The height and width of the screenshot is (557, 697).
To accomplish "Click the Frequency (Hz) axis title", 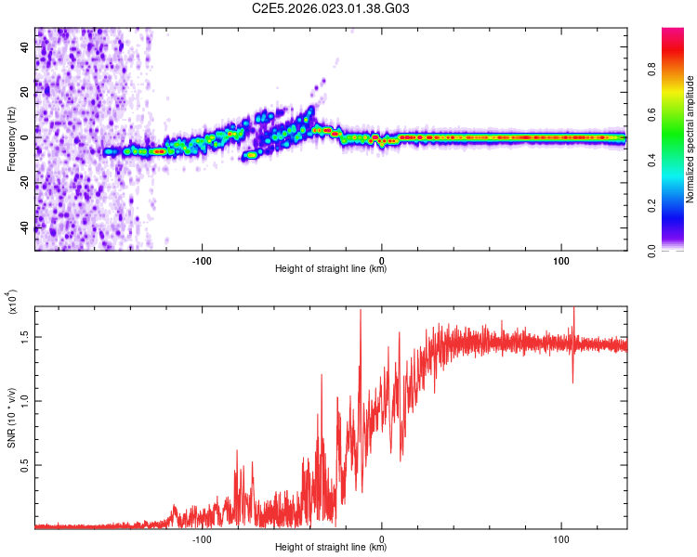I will [x=11, y=139].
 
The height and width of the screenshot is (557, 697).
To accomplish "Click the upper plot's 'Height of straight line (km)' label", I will [x=331, y=269].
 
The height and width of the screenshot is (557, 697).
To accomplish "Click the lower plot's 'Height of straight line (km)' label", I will [x=331, y=548].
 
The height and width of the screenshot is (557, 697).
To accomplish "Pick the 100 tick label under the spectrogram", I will [x=561, y=259].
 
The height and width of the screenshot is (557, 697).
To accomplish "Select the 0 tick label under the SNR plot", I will [x=382, y=538].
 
